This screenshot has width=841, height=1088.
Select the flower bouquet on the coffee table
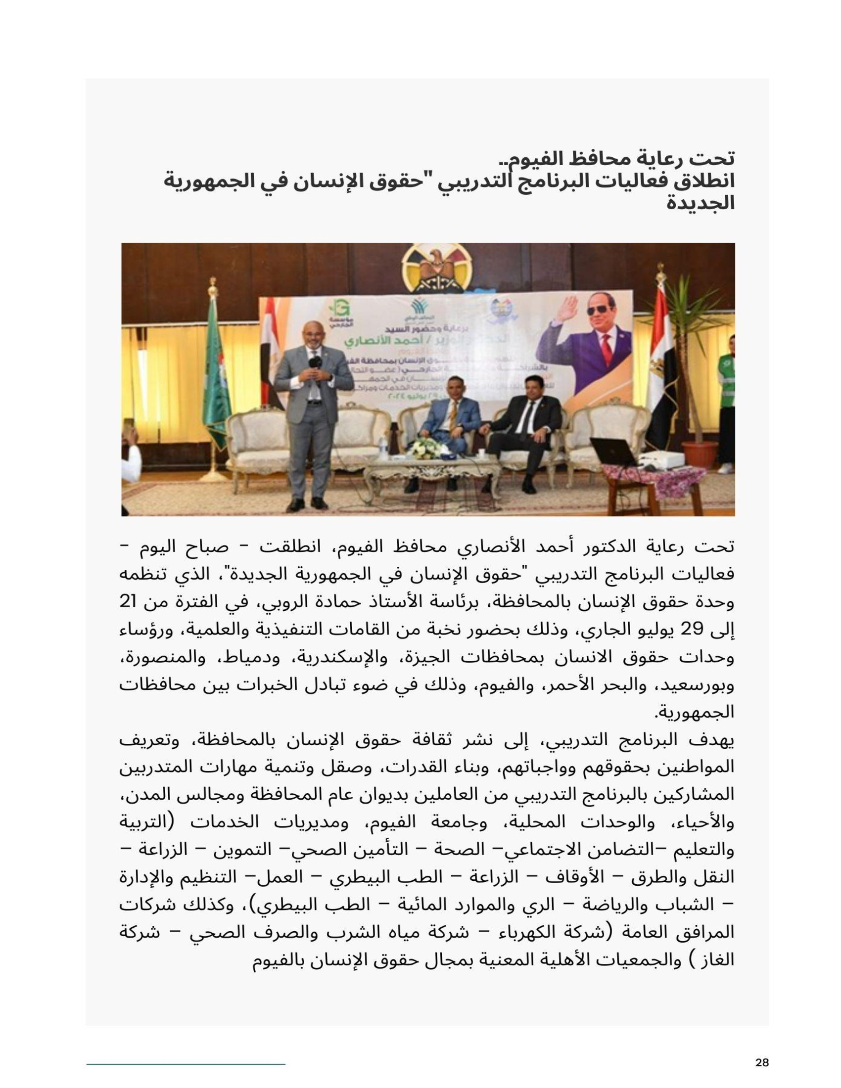[426, 448]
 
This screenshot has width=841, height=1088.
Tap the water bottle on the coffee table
[382, 447]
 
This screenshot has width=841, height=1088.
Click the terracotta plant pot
[699, 453]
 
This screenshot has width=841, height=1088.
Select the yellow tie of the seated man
[453, 414]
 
